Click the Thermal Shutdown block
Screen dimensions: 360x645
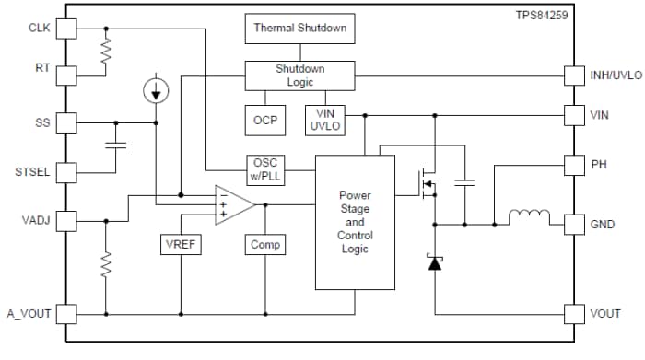299,29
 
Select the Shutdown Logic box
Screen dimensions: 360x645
299,75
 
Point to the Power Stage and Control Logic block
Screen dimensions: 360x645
355,221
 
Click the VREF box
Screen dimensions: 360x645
181,245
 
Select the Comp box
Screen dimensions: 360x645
265,245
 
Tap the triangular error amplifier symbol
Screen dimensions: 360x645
233,204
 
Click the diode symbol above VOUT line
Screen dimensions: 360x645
435,262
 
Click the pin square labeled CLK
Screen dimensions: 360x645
66,29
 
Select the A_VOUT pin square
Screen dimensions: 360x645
66,314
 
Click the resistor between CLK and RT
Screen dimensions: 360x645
108,52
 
